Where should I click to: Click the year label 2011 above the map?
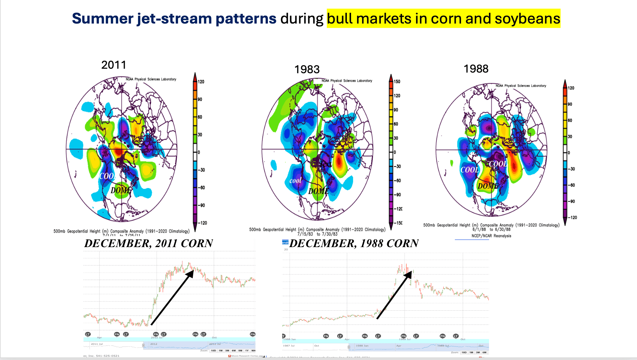click(114, 65)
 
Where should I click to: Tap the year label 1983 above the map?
click(307, 69)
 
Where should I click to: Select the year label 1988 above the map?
click(476, 69)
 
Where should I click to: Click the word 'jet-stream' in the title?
click(174, 19)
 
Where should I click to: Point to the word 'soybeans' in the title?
click(527, 19)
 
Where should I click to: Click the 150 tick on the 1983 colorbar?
click(397, 82)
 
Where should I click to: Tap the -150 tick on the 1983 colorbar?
click(398, 223)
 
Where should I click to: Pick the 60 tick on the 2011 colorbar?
click(200, 117)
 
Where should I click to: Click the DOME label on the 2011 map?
click(121, 190)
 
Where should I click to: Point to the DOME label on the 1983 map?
click(318, 191)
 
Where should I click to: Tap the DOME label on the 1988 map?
click(488, 186)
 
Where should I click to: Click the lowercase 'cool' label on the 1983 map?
click(295, 181)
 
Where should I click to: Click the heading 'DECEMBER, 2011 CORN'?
click(149, 244)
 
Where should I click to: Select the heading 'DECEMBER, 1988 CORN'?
click(354, 244)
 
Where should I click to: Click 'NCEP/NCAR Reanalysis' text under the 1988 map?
click(491, 236)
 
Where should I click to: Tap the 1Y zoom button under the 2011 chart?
click(247, 351)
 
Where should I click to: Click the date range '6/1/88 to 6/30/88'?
click(491, 230)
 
